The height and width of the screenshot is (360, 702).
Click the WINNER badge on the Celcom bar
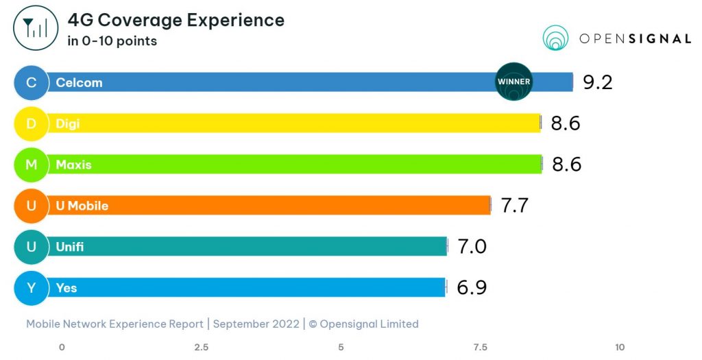tap(513, 82)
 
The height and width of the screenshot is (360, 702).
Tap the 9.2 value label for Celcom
tap(597, 82)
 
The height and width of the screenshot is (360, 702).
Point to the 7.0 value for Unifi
tap(472, 246)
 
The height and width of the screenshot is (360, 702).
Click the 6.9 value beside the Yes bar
tap(472, 287)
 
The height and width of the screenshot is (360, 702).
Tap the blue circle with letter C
tap(31, 82)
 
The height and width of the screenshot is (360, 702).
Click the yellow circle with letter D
tap(31, 123)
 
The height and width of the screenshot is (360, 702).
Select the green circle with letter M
tap(31, 165)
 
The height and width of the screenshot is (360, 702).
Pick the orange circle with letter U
tap(31, 206)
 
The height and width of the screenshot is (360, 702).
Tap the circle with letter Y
tap(31, 288)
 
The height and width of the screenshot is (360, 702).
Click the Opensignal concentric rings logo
tap(556, 38)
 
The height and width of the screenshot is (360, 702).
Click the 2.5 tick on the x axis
tap(202, 347)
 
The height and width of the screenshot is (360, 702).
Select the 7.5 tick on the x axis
tap(480, 347)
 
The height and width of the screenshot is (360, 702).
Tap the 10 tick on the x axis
tap(620, 347)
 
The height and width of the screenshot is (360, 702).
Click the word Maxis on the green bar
tap(73, 165)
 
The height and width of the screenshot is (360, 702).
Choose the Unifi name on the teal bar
tap(70, 247)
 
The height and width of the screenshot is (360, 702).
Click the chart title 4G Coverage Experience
tap(175, 20)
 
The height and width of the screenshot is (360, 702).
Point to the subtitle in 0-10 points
tap(112, 41)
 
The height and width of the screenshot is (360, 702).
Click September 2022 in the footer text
tap(260, 324)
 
